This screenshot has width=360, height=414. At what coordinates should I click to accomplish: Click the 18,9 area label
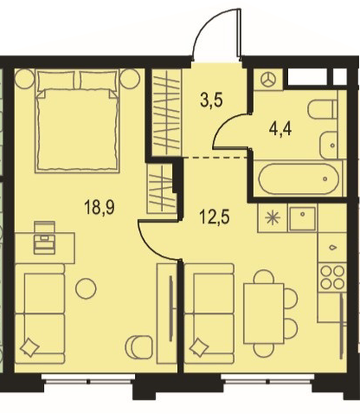[99, 208]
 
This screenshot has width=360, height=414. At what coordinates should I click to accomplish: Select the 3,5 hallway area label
[212, 100]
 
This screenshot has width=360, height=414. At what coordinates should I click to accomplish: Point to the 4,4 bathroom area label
[281, 129]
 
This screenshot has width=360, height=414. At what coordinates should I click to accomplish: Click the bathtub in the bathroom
[298, 179]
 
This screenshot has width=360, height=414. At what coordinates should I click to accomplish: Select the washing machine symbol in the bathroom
[268, 79]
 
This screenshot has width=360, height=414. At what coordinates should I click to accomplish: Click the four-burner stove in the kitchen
[333, 277]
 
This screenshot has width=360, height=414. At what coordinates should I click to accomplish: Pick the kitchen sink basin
[302, 219]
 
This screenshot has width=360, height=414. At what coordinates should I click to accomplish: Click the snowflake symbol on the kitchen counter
[272, 219]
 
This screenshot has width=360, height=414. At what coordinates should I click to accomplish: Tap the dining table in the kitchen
[263, 313]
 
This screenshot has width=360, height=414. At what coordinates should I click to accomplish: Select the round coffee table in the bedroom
[86, 288]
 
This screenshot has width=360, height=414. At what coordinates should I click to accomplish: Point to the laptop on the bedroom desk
[45, 238]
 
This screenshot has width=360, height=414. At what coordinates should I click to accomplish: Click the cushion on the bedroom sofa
[30, 348]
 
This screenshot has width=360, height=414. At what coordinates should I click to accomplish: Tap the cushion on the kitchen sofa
[199, 348]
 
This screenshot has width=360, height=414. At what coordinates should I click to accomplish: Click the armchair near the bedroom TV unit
[139, 347]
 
